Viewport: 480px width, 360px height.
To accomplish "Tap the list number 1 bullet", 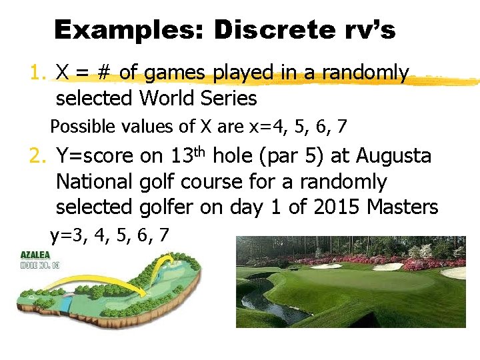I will click(38, 73).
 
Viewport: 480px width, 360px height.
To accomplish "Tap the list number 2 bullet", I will click(38, 157).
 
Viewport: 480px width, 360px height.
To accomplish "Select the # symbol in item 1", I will click(105, 73).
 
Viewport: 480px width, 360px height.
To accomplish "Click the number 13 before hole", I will click(181, 157).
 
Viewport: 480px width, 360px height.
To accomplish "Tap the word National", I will click(95, 182).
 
